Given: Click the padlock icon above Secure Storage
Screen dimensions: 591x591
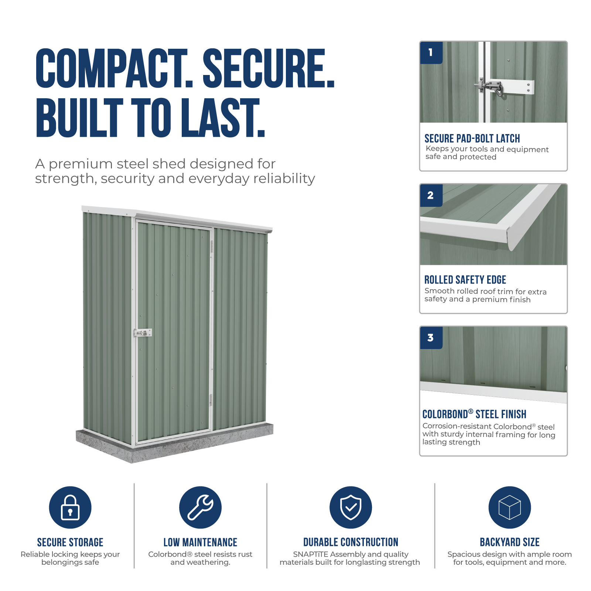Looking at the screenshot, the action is pos(70,507).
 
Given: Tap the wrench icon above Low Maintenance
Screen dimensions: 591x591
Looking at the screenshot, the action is pos(200,507).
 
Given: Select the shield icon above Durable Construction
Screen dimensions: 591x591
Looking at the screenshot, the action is pos(351,507).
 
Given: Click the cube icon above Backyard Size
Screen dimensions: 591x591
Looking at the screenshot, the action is pos(509,507).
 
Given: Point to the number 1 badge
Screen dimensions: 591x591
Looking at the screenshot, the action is pos(431,53).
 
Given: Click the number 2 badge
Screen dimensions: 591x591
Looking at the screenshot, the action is pos(431,195).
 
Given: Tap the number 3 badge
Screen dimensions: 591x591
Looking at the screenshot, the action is pos(431,338).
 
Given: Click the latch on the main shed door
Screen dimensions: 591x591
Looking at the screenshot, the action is pos(143,333).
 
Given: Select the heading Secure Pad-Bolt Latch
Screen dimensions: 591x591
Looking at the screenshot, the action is pos(472,139).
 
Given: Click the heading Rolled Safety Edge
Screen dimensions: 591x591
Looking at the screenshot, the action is pos(465,280).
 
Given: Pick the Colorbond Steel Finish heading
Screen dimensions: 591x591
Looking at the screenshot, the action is pos(474,414).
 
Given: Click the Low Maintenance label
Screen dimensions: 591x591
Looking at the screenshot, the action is pos(200,542).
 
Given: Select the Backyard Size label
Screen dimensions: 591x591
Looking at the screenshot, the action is pos(510,542).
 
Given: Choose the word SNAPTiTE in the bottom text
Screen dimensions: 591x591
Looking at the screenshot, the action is pos(311,554).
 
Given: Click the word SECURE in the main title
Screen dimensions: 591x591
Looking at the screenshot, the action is pos(269,68).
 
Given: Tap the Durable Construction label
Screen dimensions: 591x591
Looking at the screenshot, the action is pos(351,542).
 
